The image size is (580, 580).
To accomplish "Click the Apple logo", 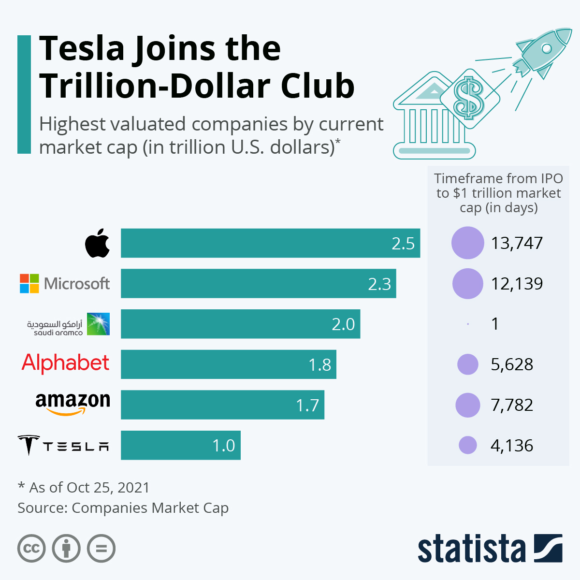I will (x=97, y=243).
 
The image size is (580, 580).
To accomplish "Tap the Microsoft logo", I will (x=65, y=284).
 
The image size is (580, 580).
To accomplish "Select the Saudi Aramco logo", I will (x=68, y=324).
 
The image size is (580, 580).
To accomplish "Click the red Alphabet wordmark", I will (x=66, y=363).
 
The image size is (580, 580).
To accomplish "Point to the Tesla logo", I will (x=63, y=445).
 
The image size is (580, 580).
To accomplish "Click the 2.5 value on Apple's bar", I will (x=403, y=243).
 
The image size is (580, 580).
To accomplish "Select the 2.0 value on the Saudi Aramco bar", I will (x=343, y=324).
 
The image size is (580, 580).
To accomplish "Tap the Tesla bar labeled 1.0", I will (x=181, y=445).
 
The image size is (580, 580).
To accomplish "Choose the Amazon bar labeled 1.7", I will (x=222, y=405).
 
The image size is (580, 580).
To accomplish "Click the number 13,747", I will (x=517, y=243).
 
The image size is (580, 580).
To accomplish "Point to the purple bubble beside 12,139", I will (x=467, y=284).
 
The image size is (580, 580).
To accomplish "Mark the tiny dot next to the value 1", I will (x=468, y=324).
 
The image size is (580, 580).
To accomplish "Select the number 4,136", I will (x=512, y=445).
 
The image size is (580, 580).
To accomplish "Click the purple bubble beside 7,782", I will (x=467, y=405).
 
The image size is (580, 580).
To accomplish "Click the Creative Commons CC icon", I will (x=31, y=549).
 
